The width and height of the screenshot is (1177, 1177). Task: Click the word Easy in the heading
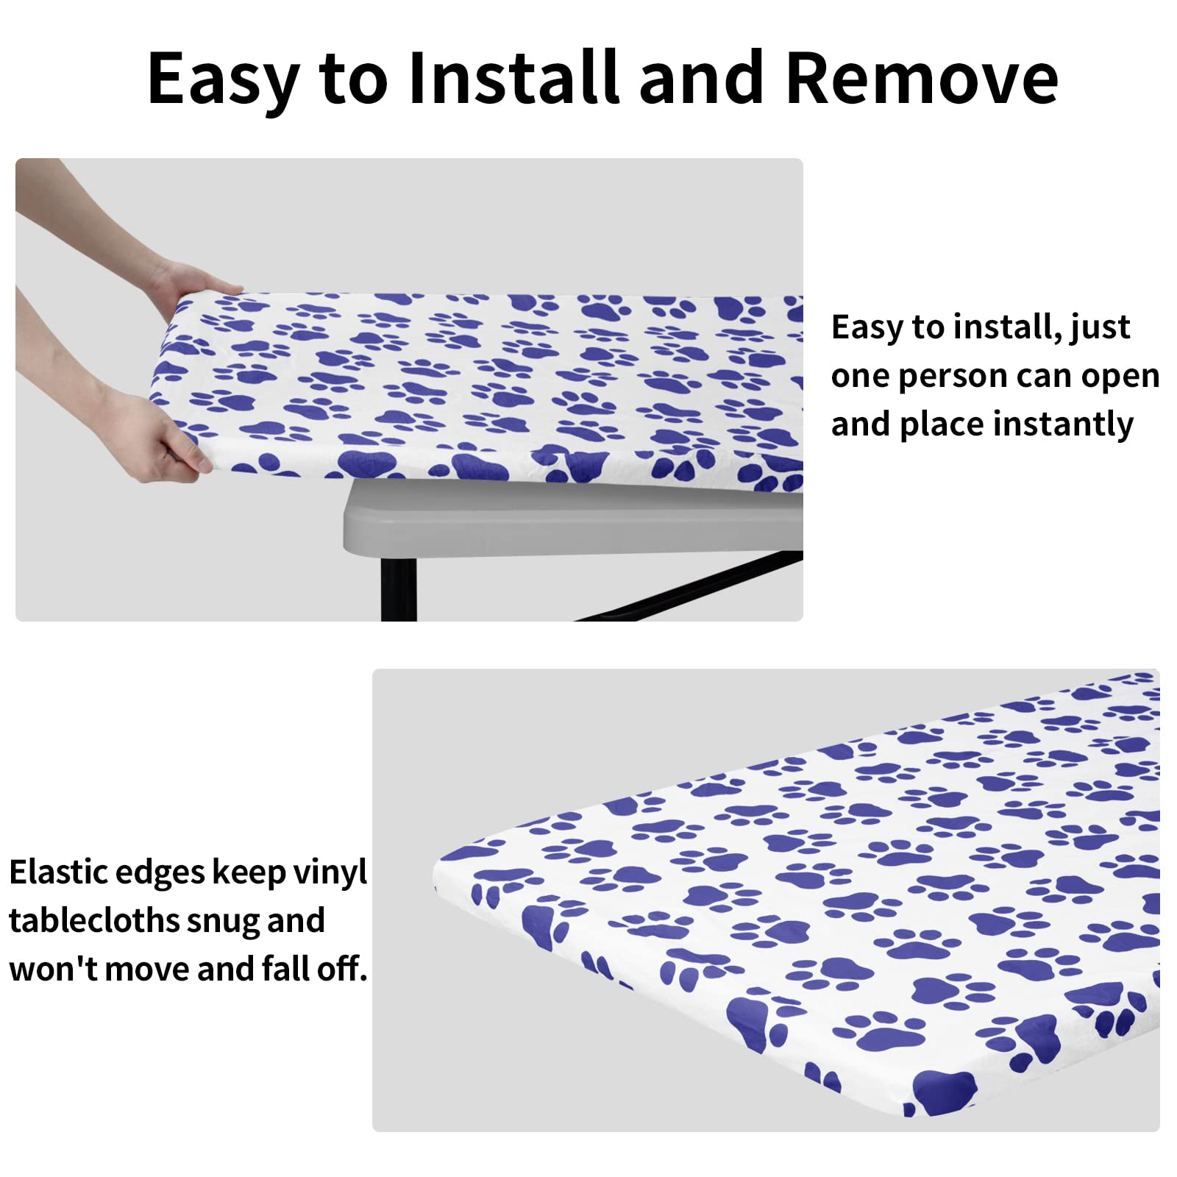click(223, 79)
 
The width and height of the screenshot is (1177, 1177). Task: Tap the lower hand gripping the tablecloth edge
click(166, 441)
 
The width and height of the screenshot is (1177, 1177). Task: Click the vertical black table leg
click(398, 588)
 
